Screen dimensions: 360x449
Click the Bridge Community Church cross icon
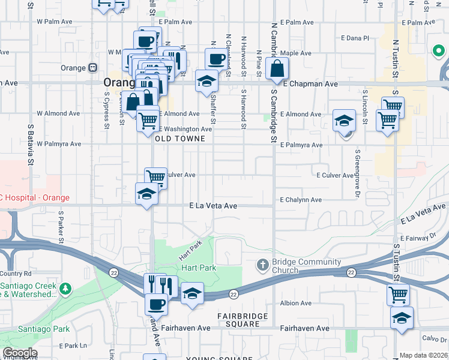tap(262, 265)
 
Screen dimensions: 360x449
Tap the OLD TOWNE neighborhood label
tap(180, 139)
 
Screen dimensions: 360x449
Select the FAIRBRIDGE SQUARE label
tap(234, 320)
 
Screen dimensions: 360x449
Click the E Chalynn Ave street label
tap(301, 200)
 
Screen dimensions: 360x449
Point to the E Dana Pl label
tap(355, 38)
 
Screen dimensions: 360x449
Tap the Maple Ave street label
tap(299, 53)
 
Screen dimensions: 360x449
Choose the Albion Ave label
tap(296, 304)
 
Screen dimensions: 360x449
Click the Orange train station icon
tap(93, 68)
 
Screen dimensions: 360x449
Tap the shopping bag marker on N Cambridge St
tap(277, 68)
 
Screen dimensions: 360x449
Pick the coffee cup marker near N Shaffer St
tap(217, 59)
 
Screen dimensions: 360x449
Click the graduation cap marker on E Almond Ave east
tap(344, 120)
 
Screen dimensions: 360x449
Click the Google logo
tap(20, 353)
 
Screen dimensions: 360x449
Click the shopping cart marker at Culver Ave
tap(155, 177)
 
